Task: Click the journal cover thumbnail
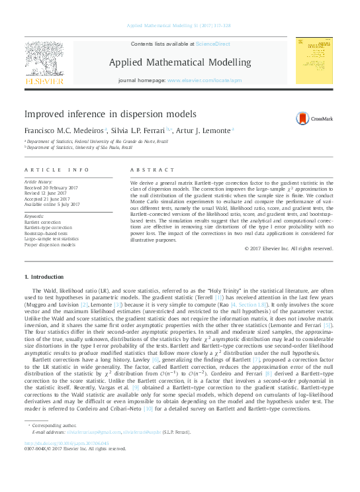pyautogui.click(x=314, y=61)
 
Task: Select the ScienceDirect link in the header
pyautogui.click(x=213, y=43)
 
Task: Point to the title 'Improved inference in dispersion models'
pyautogui.click(x=105, y=114)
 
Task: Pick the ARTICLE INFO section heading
pyautogui.click(x=56, y=170)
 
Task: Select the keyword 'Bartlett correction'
pyautogui.click(x=44, y=222)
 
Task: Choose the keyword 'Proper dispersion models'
pyautogui.click(x=51, y=244)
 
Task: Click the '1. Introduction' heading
pyautogui.click(x=44, y=276)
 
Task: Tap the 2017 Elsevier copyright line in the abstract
pyautogui.click(x=289, y=248)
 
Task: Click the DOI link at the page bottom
pyautogui.click(x=67, y=443)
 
